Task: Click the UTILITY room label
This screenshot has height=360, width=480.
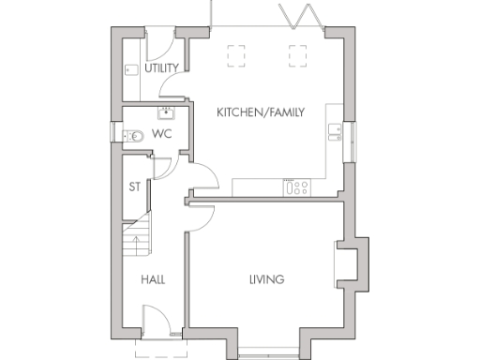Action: [162, 68]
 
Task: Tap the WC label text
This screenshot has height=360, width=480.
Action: [162, 135]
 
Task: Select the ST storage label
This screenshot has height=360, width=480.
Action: [135, 186]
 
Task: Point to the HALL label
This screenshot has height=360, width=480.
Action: [153, 279]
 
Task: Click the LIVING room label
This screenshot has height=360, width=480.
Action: [266, 279]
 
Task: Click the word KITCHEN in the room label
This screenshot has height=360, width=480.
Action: [237, 112]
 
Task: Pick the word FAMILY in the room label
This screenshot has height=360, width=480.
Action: [280, 112]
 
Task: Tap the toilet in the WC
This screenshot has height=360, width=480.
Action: [133, 135]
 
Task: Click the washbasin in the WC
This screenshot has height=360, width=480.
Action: [167, 113]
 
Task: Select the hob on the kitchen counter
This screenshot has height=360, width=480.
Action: [299, 187]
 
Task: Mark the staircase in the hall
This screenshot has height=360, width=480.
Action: [137, 234]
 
